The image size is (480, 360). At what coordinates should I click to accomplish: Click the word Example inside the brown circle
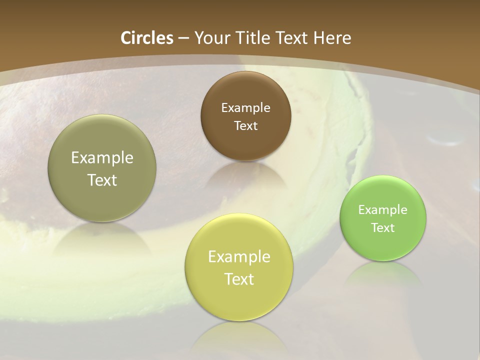pyautogui.click(x=245, y=107)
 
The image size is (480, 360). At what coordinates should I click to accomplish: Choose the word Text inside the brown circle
pyautogui.click(x=245, y=125)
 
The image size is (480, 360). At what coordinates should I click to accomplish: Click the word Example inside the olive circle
pyautogui.click(x=102, y=158)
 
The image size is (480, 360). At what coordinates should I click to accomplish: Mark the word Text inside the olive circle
pyautogui.click(x=102, y=180)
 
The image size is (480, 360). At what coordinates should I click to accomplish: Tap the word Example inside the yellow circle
pyautogui.click(x=239, y=257)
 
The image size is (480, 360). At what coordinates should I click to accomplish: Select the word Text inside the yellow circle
pyautogui.click(x=239, y=279)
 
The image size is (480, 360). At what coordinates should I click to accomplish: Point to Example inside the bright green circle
pyautogui.click(x=383, y=209)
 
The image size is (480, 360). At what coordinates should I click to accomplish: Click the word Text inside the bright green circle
pyautogui.click(x=383, y=227)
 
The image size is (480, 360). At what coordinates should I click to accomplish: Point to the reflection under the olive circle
pyautogui.click(x=102, y=237)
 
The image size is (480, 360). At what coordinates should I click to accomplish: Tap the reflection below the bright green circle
pyautogui.click(x=383, y=273)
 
